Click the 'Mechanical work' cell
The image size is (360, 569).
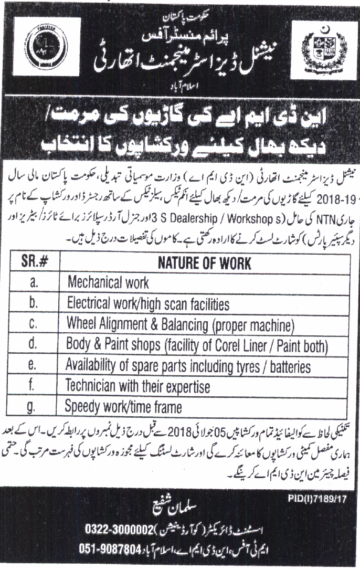click(x=108, y=282)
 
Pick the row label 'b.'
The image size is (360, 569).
click(x=33, y=303)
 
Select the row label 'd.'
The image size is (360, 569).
click(x=33, y=344)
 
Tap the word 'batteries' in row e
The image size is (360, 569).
click(x=285, y=365)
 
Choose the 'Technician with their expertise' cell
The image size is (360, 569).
click(x=137, y=386)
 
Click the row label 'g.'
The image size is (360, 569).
click(x=33, y=406)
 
